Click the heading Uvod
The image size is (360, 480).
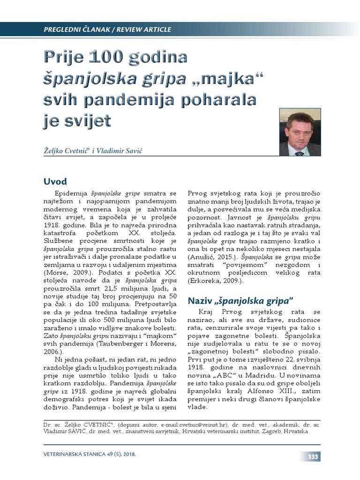[x=55, y=181]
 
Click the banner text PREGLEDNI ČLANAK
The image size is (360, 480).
[x=74, y=30]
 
